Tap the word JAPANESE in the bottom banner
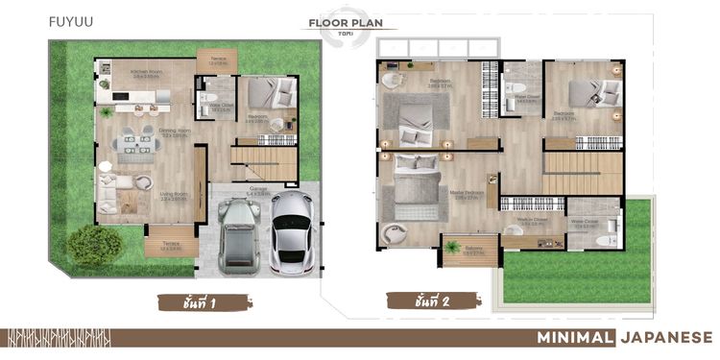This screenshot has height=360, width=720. tap(666, 337)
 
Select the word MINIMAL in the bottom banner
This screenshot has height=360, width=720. tap(574, 337)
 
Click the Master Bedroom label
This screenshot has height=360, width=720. tap(468, 195)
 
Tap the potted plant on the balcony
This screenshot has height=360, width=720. tap(452, 249)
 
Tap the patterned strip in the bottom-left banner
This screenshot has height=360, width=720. tap(58, 337)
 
